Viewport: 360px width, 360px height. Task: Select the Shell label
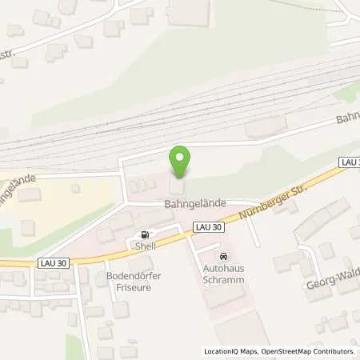(144, 246)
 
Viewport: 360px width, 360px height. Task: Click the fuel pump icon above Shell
(144, 235)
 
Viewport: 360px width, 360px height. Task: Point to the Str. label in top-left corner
(10, 54)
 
